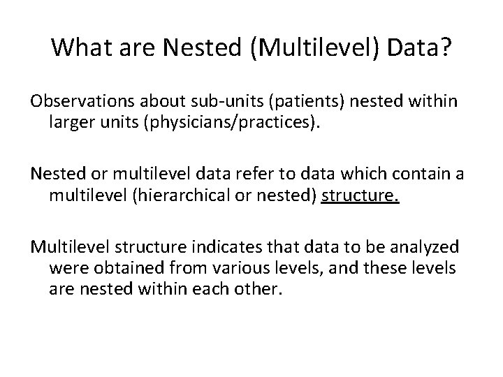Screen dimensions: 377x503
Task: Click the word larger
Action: pyautogui.click(x=70, y=123)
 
